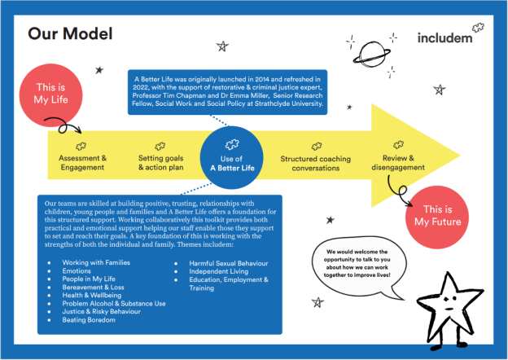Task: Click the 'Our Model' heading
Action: (x=70, y=33)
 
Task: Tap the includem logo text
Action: (x=444, y=38)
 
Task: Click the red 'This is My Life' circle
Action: (x=50, y=95)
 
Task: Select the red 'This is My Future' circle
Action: (x=437, y=217)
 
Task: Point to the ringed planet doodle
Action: (x=371, y=55)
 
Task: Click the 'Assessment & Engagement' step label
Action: (x=82, y=163)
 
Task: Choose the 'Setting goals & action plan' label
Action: (x=160, y=163)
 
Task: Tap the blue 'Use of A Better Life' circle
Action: (x=231, y=157)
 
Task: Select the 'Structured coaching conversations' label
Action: (x=316, y=164)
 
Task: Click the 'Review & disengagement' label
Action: (x=398, y=163)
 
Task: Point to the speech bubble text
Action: (x=357, y=263)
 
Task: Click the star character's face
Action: (x=450, y=303)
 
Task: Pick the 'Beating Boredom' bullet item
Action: (x=89, y=320)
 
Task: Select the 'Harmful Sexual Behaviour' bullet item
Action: (x=229, y=263)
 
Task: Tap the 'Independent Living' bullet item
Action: (x=219, y=271)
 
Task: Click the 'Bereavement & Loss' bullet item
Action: (x=93, y=287)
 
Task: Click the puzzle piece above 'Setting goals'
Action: (x=160, y=146)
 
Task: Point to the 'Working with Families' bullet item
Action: (x=96, y=262)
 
